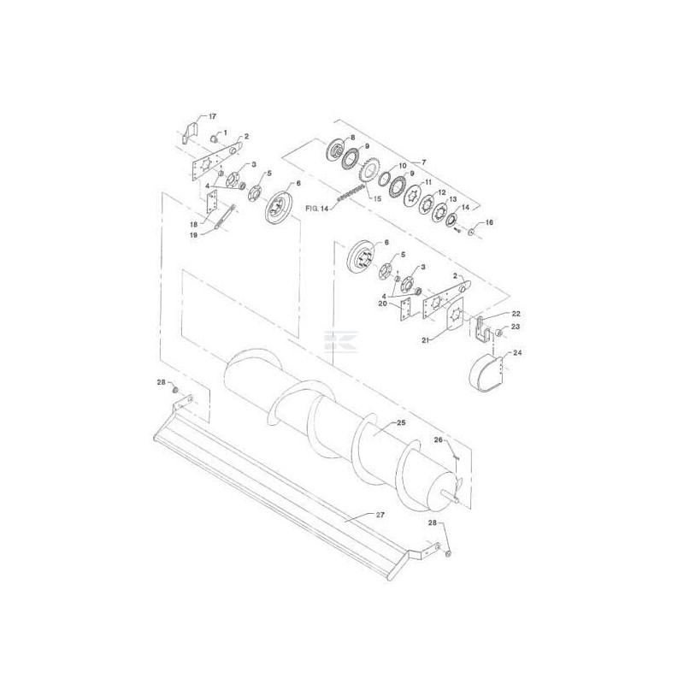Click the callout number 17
coord(212,116)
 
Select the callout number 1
coord(225,132)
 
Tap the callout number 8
coord(352,138)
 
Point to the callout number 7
coord(423,162)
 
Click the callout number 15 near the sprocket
coord(378,199)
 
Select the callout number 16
coord(489,222)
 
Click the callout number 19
coord(194,234)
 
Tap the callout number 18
coord(194,224)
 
